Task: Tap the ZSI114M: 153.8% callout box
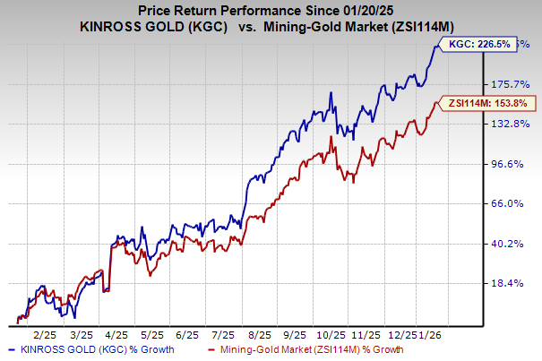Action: point(485,104)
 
